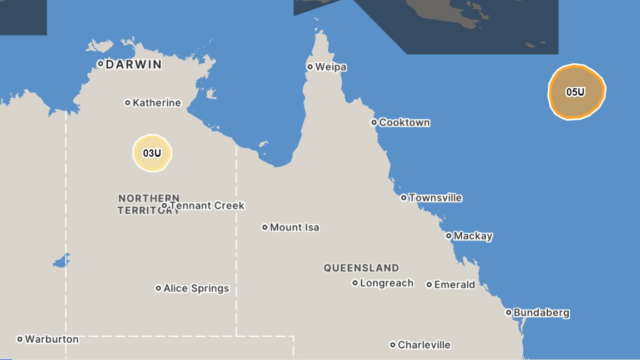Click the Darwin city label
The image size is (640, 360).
point(133,64)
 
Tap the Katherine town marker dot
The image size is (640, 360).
point(128,102)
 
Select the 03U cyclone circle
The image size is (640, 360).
point(152,153)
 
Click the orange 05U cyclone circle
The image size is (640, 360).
point(576,92)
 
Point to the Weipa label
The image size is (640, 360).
point(331,67)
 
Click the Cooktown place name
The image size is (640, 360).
point(404,123)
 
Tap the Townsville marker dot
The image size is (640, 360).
point(404,198)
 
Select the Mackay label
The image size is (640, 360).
point(473,236)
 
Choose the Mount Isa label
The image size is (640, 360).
point(294,227)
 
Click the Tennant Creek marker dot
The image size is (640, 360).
point(164,206)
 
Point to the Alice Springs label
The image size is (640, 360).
point(196,288)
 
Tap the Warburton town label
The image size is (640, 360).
point(52,339)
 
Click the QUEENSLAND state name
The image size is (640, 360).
point(361,268)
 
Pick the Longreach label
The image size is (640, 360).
point(387,283)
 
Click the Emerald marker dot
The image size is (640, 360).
point(429,284)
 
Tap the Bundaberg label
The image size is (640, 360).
point(541,313)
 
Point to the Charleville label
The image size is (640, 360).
point(424,345)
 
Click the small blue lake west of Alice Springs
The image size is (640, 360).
point(62,261)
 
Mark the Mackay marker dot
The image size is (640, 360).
point(449,236)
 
